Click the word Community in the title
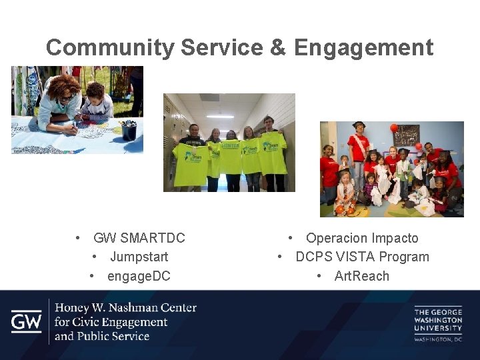pos(110,48)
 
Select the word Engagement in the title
pos(363,48)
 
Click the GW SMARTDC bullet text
pos(139,238)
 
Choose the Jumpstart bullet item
pos(139,257)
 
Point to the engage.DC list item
pos(139,276)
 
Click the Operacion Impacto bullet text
pos(362,238)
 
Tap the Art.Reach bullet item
pos(361,276)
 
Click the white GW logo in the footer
pos(26,322)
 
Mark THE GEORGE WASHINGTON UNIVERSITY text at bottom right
pos(437,319)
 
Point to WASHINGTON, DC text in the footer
pos(437,339)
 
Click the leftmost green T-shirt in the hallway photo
pos(190,163)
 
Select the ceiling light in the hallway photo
pos(220,116)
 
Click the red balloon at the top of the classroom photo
pos(394,127)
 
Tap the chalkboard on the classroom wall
pos(406,134)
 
